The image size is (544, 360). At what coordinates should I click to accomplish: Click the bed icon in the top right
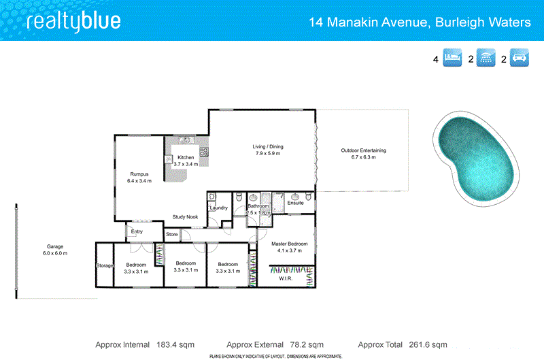coord(453,59)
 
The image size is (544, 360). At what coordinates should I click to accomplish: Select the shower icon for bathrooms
coord(486,59)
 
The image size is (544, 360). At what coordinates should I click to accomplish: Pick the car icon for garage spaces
coord(520,59)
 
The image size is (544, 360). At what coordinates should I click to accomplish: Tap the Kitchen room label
coord(186,157)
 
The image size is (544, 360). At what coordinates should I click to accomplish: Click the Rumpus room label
coord(139,174)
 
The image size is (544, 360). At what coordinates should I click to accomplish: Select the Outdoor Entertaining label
coord(363,150)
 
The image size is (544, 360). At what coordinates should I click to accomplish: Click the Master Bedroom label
coord(290,244)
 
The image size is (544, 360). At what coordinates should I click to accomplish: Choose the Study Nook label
coord(184,217)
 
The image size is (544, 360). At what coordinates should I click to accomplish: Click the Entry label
coord(137,231)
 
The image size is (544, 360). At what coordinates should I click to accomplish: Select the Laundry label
coord(218,208)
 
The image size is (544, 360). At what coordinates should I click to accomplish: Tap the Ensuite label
coord(295,203)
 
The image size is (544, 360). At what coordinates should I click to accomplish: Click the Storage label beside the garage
coord(104,265)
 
